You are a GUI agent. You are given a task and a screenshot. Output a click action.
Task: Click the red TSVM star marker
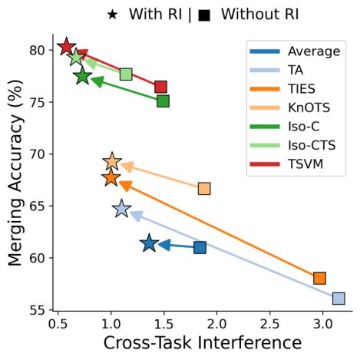(67, 47)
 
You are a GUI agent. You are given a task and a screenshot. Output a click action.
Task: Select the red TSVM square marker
(160, 87)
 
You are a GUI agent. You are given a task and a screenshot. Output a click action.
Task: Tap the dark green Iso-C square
(163, 101)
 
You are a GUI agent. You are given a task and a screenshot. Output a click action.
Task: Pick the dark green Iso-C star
(82, 76)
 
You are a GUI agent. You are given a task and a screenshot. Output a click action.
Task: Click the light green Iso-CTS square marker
(126, 74)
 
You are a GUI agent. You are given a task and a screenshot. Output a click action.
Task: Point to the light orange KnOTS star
(112, 161)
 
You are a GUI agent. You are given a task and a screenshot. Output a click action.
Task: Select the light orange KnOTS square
(204, 189)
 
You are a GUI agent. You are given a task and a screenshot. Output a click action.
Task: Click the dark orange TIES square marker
(319, 278)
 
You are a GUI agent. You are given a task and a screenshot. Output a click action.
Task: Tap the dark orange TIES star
(111, 177)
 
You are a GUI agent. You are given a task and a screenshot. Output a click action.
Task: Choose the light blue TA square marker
(339, 299)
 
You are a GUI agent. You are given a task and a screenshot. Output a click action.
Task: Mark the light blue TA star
(121, 209)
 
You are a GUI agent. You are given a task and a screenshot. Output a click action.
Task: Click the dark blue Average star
(149, 243)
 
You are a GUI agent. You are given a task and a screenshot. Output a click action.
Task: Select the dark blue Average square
(200, 247)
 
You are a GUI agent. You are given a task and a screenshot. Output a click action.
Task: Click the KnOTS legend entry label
(309, 107)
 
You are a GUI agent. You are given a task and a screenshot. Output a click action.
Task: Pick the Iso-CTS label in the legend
(312, 145)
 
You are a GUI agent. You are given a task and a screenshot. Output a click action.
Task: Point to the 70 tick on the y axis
(38, 154)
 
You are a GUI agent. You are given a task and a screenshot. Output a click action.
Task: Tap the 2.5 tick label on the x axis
(269, 324)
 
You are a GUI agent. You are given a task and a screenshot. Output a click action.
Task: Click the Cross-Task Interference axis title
(203, 343)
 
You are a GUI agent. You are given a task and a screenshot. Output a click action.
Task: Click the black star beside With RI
(113, 15)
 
